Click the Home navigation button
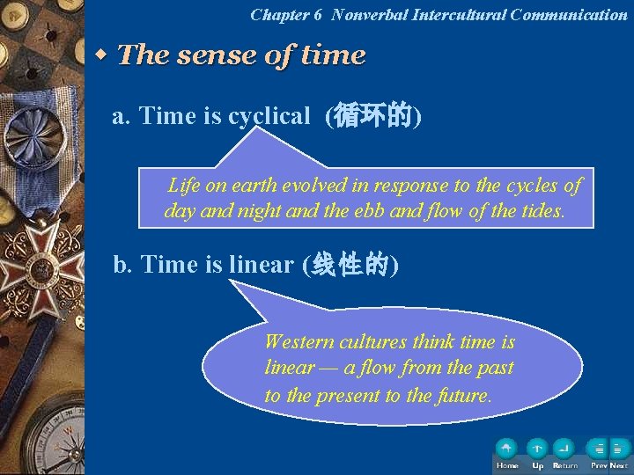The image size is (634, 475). (506, 449)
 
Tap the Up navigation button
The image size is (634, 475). (537, 449)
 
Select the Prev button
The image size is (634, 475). (598, 449)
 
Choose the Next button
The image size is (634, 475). (619, 449)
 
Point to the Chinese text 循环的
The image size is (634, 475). (373, 116)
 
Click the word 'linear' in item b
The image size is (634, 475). (261, 265)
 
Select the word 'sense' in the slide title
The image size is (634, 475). (217, 55)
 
